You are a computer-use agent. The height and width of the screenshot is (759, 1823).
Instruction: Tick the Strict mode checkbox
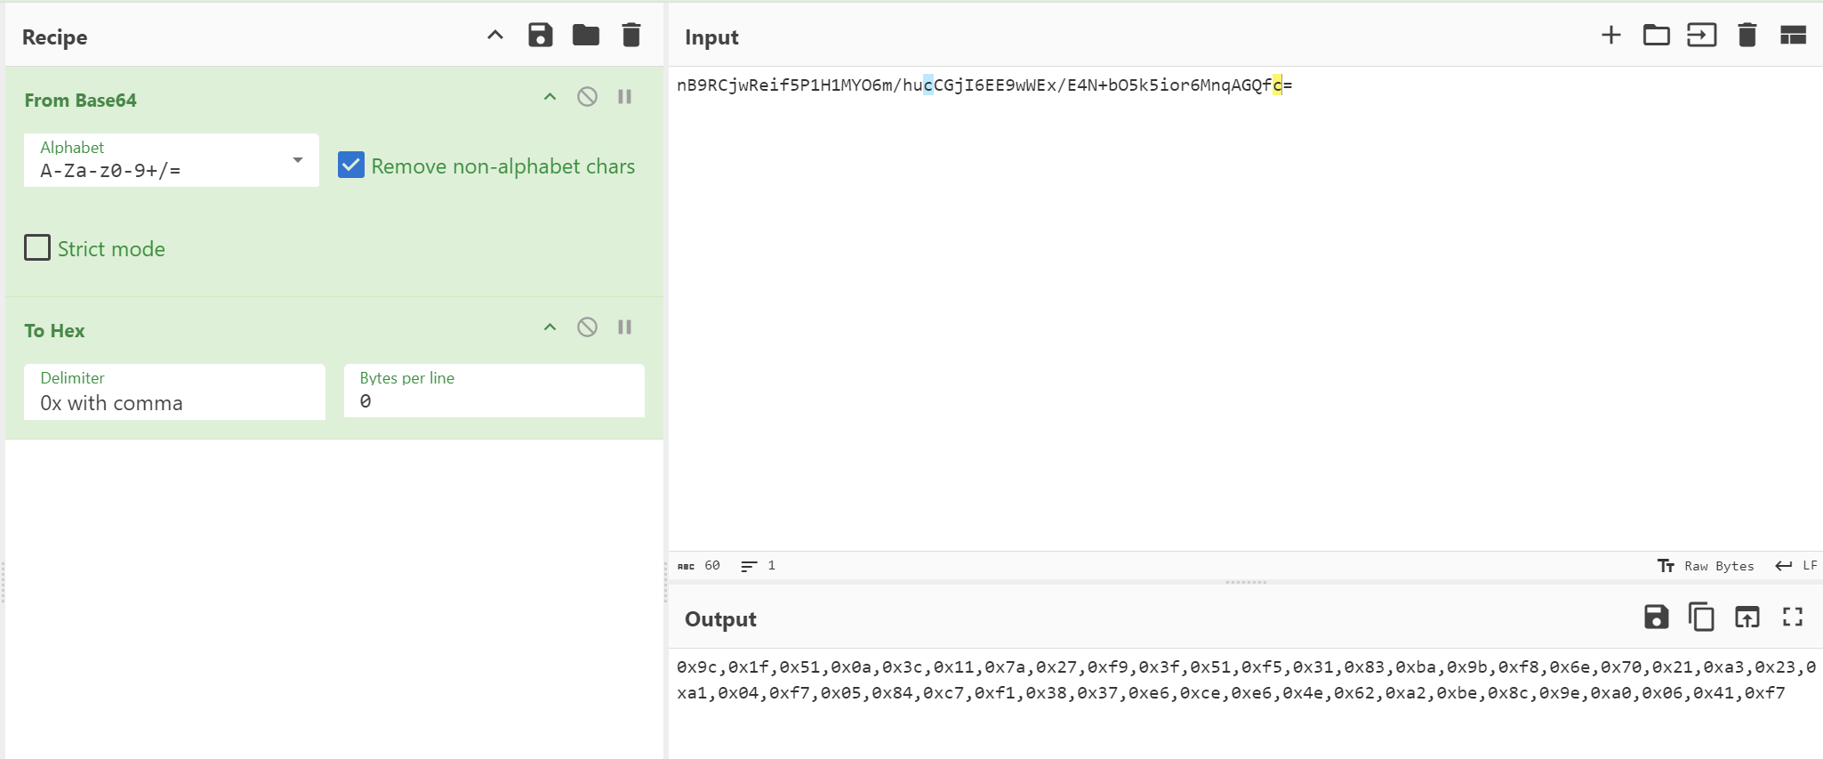click(x=37, y=247)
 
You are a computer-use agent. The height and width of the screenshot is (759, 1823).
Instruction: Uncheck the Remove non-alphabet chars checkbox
click(x=351, y=166)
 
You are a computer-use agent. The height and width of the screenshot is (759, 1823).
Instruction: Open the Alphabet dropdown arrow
click(x=298, y=160)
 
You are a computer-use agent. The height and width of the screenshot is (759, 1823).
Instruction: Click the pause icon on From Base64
click(x=625, y=97)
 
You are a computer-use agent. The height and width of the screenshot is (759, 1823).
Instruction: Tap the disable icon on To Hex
click(x=587, y=327)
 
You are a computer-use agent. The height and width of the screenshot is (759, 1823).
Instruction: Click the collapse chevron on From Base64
click(x=550, y=97)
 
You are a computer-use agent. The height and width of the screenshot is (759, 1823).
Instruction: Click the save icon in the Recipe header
click(x=541, y=36)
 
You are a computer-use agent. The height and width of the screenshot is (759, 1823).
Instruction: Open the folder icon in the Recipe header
click(x=586, y=36)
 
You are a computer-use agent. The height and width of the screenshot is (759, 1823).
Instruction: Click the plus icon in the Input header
click(x=1610, y=36)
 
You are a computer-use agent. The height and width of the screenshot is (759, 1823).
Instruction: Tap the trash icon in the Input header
click(x=1747, y=36)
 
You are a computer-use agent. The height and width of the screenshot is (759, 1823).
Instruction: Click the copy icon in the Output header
click(x=1701, y=617)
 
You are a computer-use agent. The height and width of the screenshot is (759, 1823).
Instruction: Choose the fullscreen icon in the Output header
click(x=1793, y=617)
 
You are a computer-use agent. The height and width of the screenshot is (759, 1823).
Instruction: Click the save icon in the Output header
click(x=1656, y=617)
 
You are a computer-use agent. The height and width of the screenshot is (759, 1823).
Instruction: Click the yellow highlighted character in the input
click(x=1278, y=85)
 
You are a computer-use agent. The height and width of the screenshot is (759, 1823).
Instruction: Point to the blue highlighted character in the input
click(x=928, y=85)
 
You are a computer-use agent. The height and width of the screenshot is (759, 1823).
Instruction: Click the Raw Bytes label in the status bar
click(x=1718, y=566)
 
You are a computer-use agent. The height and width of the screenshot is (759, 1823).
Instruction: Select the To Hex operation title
click(x=54, y=331)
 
